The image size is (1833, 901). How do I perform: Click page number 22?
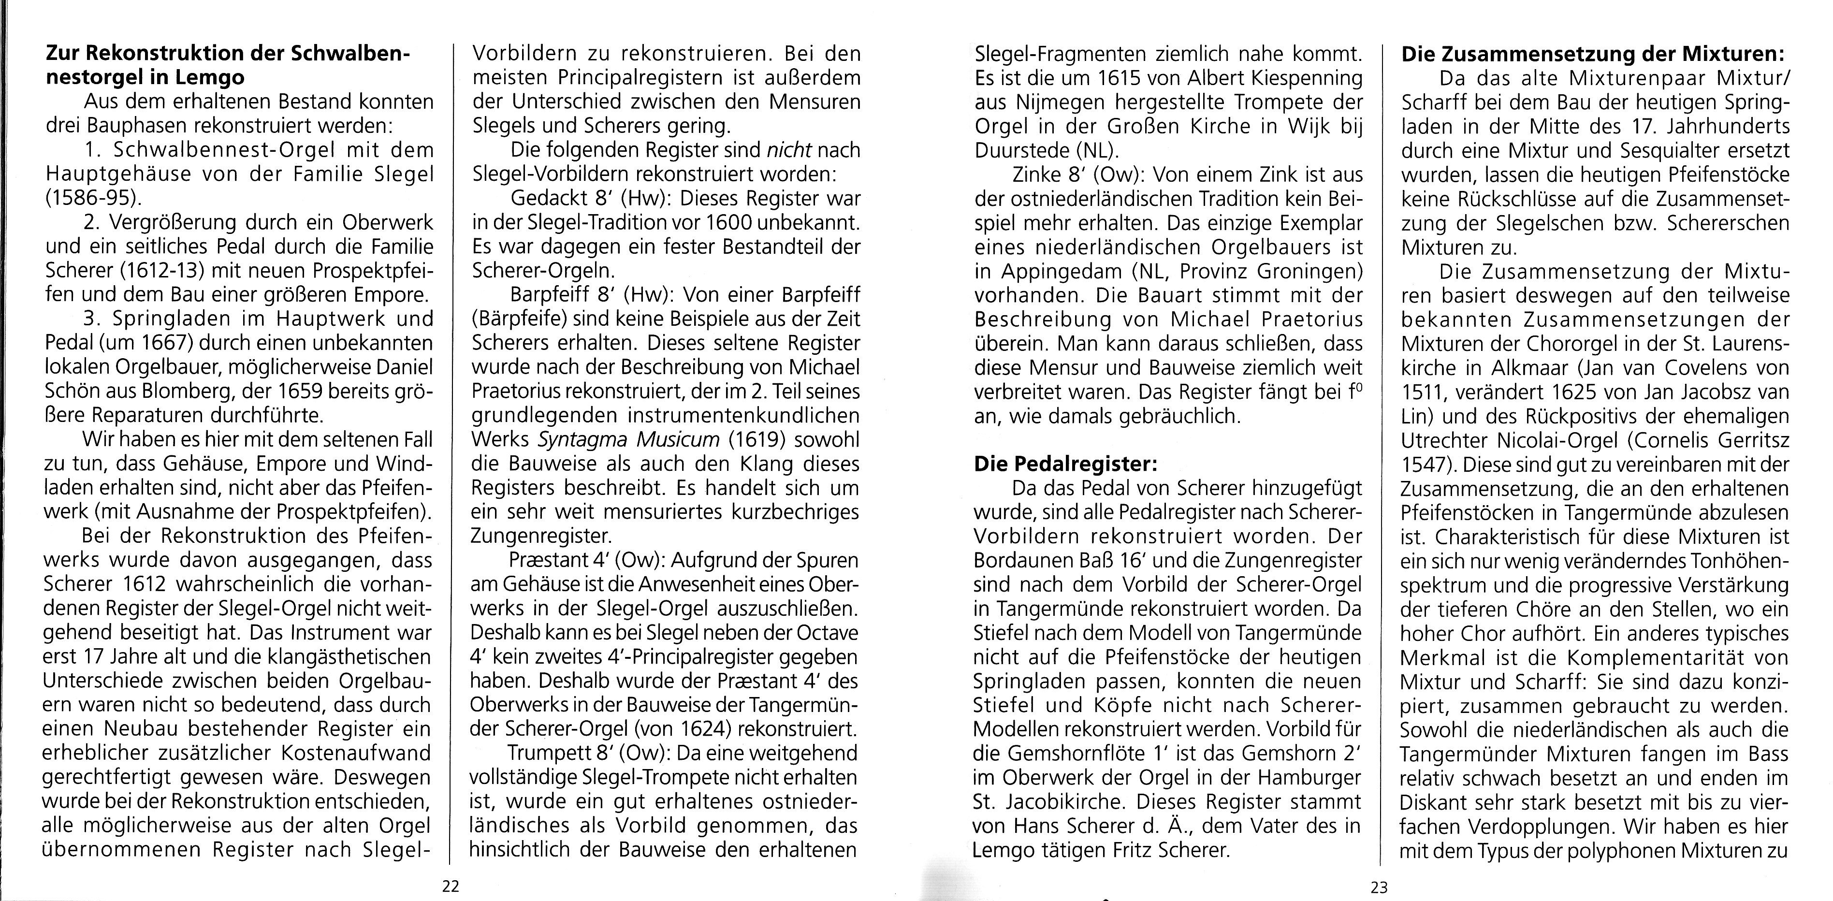(451, 887)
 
